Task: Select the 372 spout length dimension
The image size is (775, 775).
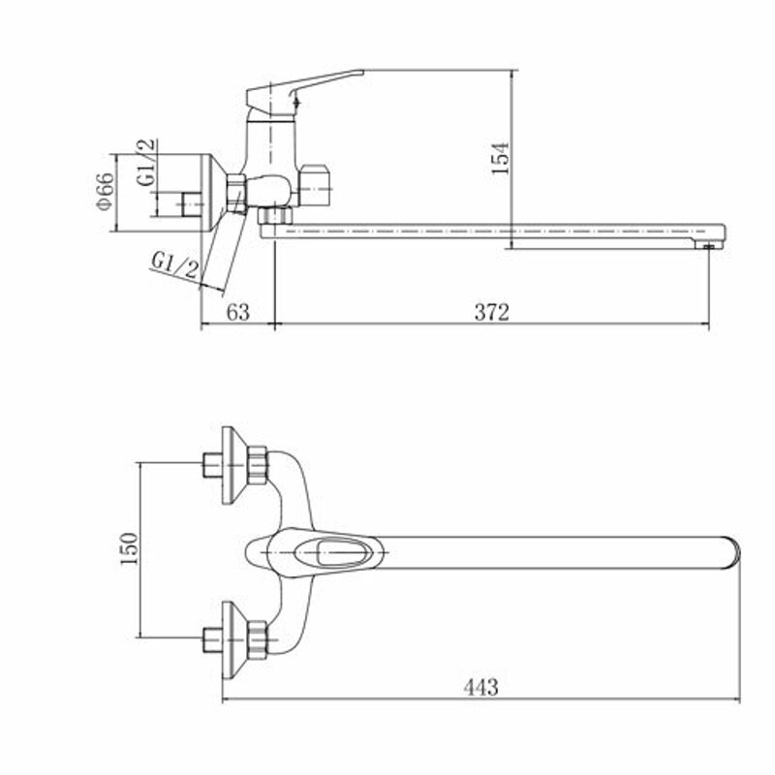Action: [x=492, y=312]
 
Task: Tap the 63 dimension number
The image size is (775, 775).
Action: [x=238, y=312]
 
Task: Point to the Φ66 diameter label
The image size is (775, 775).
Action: [x=106, y=192]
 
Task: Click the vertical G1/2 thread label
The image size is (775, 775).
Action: [x=144, y=164]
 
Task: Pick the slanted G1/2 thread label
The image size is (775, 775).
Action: [x=174, y=265]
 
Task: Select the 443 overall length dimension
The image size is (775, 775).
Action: [x=480, y=687]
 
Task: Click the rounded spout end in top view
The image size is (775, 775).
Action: [x=728, y=552]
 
